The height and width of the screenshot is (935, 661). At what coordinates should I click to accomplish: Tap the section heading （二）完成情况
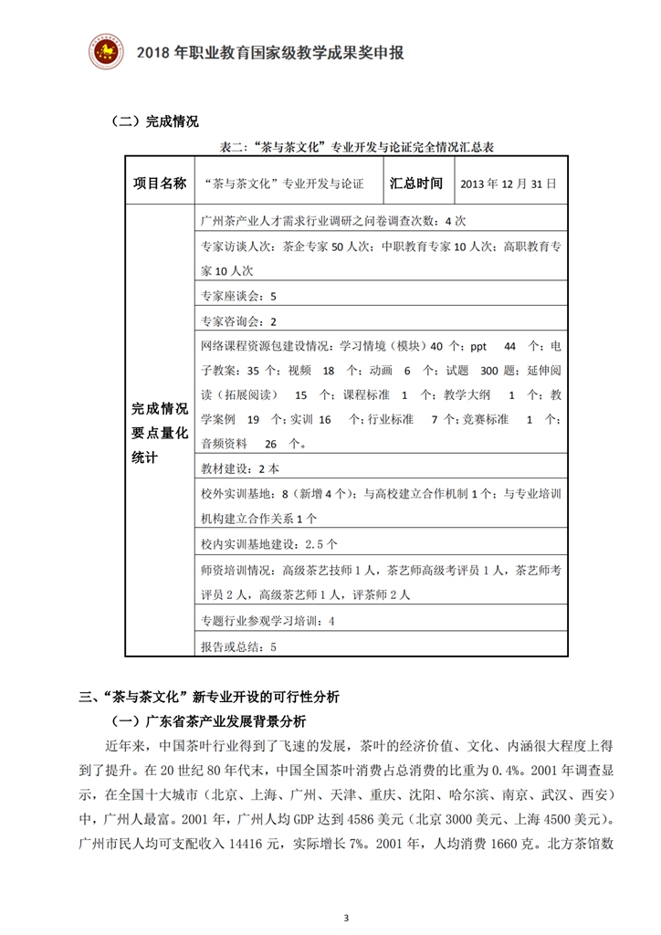pyautogui.click(x=152, y=121)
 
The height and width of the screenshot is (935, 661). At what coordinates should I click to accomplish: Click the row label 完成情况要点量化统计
pyautogui.click(x=159, y=433)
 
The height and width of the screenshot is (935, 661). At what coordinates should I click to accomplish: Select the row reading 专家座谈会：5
pyautogui.click(x=238, y=297)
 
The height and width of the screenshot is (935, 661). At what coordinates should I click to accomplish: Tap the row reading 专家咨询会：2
pyautogui.click(x=238, y=321)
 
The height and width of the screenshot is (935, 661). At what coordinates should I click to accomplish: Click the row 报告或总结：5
pyautogui.click(x=238, y=646)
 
